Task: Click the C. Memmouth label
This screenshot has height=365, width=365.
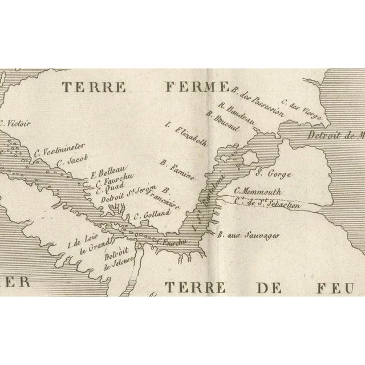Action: pyautogui.click(x=258, y=192)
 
